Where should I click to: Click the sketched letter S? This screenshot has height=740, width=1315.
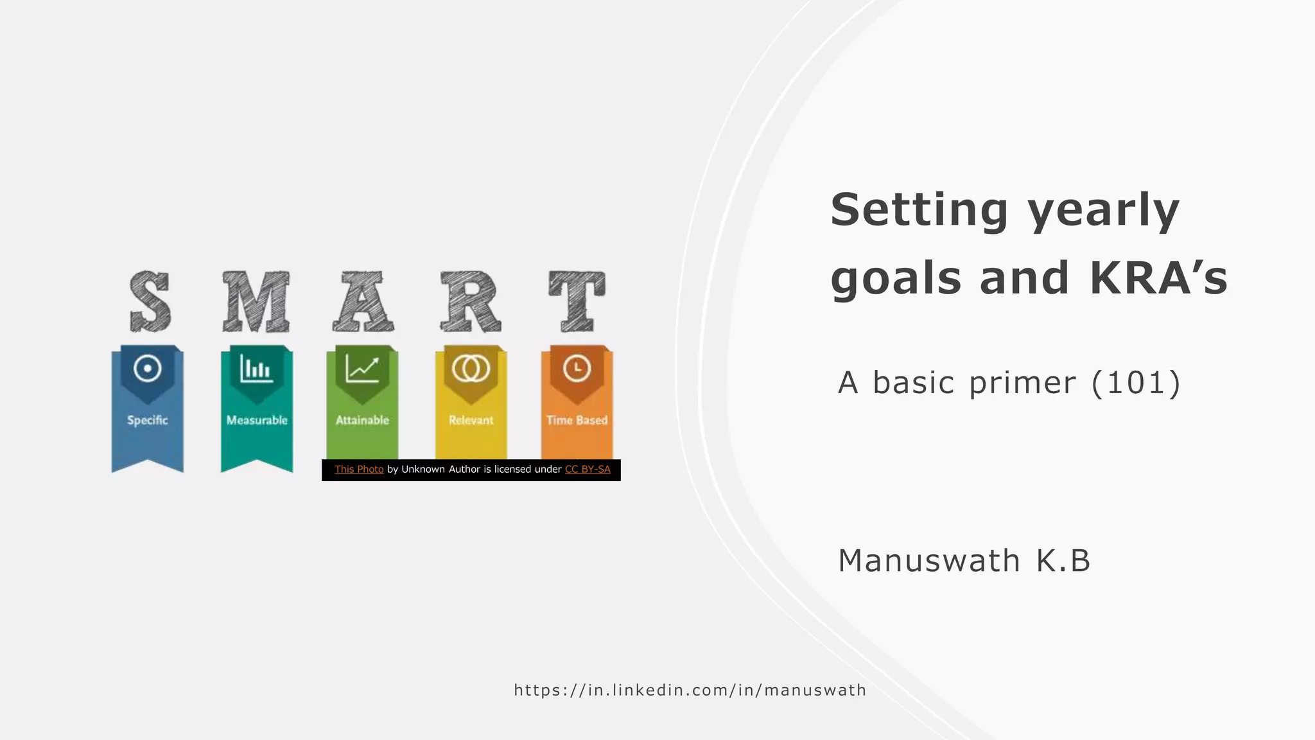(150, 301)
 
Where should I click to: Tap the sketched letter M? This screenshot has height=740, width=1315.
(256, 301)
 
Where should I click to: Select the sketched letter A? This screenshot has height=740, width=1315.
(363, 301)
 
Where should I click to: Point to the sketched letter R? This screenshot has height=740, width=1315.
(470, 301)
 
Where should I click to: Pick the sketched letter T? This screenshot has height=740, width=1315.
(577, 301)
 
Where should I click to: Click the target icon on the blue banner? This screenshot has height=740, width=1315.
(148, 369)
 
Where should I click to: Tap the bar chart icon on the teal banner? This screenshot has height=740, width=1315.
(256, 369)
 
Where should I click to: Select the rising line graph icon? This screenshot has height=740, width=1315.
(362, 369)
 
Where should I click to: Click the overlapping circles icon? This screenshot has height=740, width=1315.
(471, 369)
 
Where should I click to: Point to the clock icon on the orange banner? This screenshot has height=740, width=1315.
(577, 369)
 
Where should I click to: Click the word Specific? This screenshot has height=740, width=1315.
(148, 420)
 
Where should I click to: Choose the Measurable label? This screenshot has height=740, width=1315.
(257, 420)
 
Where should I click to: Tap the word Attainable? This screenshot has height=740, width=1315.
(362, 420)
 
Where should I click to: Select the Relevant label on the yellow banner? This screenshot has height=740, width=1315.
(471, 420)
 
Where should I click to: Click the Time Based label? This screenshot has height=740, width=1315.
(577, 420)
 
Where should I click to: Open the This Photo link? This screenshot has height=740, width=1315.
(359, 470)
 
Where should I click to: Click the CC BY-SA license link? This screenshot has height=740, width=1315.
(588, 470)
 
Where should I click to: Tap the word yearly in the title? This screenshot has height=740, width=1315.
(1103, 211)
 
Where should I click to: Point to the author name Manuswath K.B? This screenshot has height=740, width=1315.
(964, 560)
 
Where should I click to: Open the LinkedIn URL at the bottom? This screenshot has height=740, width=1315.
(690, 691)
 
